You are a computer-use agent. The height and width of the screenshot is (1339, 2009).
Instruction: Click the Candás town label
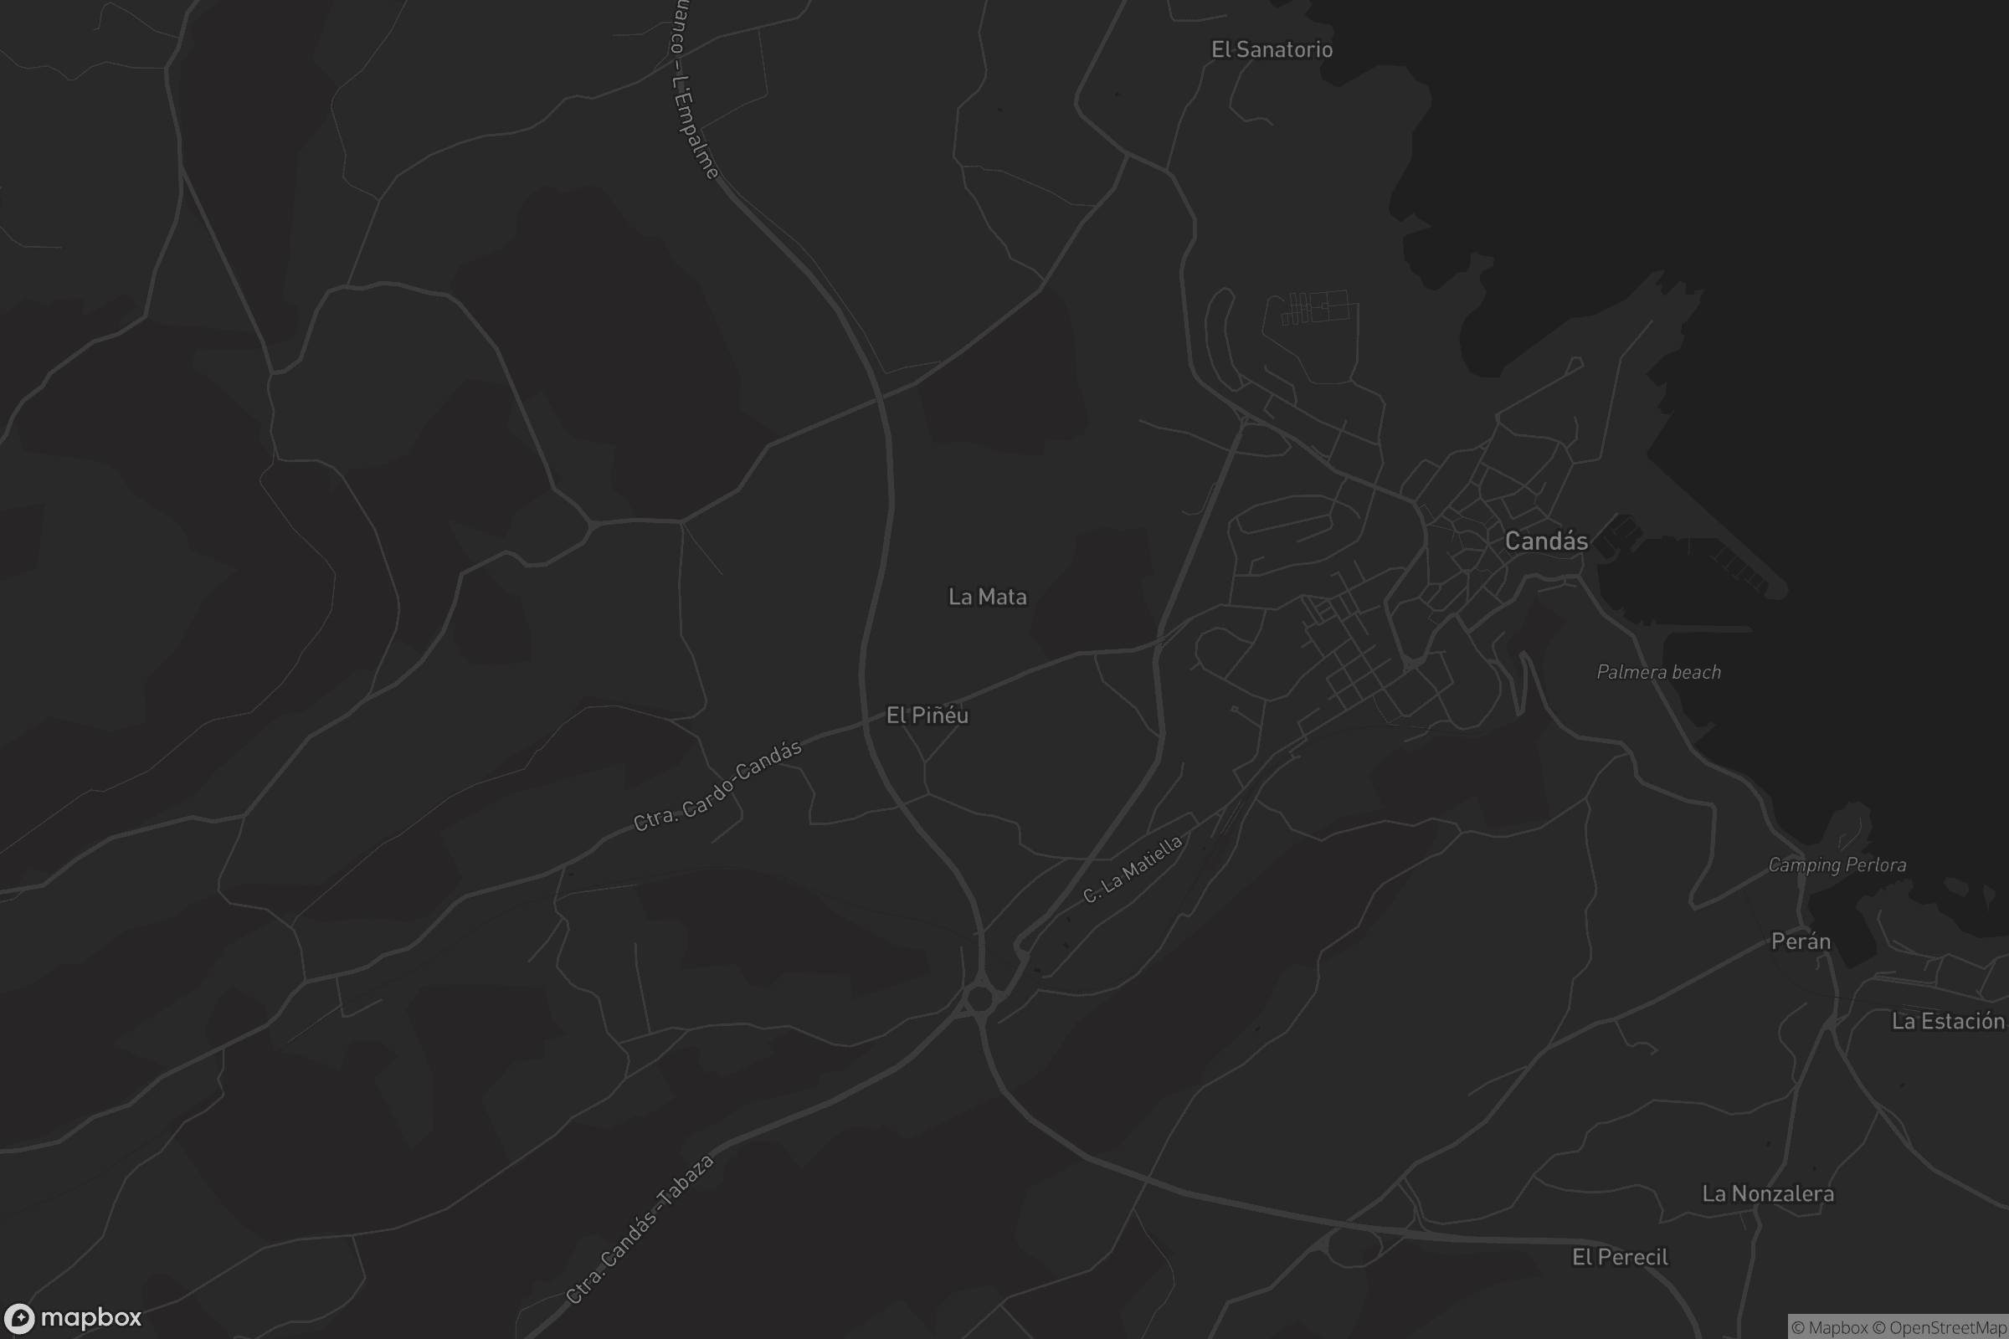click(1546, 541)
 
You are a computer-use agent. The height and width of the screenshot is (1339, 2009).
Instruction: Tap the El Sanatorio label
click(1272, 49)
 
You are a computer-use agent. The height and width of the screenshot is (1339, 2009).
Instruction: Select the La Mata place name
click(988, 597)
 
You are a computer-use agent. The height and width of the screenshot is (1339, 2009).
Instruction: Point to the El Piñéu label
click(927, 716)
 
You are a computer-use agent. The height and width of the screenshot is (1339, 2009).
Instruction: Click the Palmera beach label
click(1659, 672)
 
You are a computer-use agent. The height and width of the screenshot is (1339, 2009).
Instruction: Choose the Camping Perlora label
click(1837, 865)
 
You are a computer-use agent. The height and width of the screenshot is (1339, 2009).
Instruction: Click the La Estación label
click(1948, 1021)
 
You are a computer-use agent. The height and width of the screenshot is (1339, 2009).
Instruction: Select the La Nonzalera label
click(1767, 1194)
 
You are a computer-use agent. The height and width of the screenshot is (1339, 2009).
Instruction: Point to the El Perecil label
click(1620, 1257)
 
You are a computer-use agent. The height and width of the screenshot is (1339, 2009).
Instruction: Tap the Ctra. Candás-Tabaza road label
click(640, 1229)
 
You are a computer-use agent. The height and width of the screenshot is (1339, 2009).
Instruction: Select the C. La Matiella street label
click(1133, 870)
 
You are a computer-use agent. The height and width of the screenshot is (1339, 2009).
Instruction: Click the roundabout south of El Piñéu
click(979, 998)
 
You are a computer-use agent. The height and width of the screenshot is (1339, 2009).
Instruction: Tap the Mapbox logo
click(73, 1317)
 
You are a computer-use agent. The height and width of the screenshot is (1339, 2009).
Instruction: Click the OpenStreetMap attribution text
click(1948, 1328)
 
